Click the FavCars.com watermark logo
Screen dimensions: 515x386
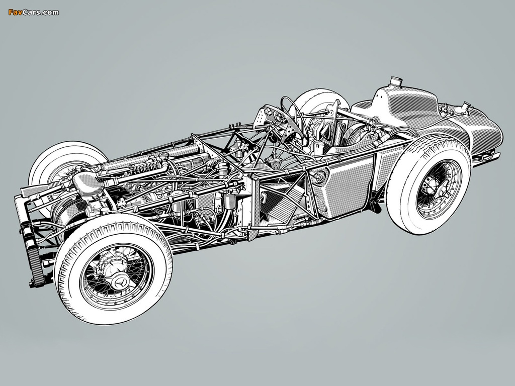point(34,13)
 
